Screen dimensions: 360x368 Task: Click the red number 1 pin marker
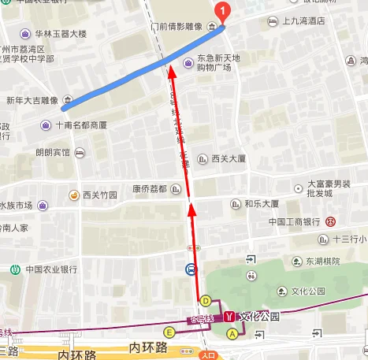pos(223,11)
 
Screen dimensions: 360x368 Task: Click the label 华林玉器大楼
pos(60,35)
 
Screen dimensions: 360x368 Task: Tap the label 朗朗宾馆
pos(53,153)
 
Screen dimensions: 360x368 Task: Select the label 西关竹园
pos(99,194)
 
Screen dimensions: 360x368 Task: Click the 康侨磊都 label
pos(150,188)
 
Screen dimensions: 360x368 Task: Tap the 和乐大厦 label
pos(261,202)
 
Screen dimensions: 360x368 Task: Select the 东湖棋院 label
pos(322,261)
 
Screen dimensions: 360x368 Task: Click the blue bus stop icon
pos(191,269)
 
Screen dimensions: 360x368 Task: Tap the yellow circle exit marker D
pos(206,300)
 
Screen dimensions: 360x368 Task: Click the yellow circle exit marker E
pos(169,332)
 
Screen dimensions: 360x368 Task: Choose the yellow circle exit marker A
pos(232,334)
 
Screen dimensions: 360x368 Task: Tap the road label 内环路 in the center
pos(149,347)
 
